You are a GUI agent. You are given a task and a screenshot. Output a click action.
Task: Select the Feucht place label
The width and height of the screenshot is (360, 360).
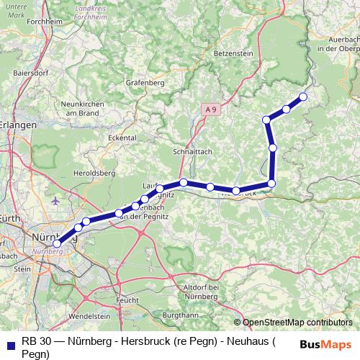(127, 299)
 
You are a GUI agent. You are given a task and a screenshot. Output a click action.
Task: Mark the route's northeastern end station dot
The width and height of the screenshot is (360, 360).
(303, 96)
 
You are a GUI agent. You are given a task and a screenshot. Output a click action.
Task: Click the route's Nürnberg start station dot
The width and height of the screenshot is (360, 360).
(57, 244)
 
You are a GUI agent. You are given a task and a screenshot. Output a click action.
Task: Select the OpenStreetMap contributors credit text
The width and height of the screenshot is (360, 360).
(297, 323)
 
